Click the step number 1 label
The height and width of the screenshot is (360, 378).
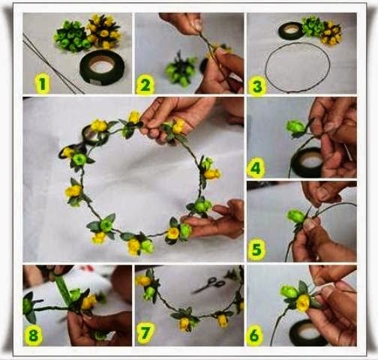tap(43, 84)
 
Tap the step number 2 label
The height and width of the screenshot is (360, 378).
tap(145, 85)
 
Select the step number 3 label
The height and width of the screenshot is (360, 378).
tap(257, 86)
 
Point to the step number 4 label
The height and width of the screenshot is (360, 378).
tap(256, 169)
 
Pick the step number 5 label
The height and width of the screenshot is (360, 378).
tap(256, 249)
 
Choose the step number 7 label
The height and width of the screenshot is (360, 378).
tap(145, 333)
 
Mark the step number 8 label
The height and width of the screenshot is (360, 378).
tap(34, 335)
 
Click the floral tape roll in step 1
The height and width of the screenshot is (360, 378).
tap(102, 67)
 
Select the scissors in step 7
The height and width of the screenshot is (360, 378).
tap(209, 284)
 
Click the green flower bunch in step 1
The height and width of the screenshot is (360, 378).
tap(70, 37)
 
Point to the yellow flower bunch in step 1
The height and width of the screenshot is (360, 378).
tap(103, 31)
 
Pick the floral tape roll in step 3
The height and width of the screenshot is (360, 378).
tap(292, 31)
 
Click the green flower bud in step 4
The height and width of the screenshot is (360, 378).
tap(296, 127)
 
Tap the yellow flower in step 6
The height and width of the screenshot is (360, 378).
tap(303, 303)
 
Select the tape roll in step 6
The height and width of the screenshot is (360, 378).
tap(307, 332)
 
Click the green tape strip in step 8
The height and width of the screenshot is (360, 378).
tap(63, 290)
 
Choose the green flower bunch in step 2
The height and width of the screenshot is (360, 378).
tap(181, 70)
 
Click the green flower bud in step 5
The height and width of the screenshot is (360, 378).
tap(295, 216)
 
